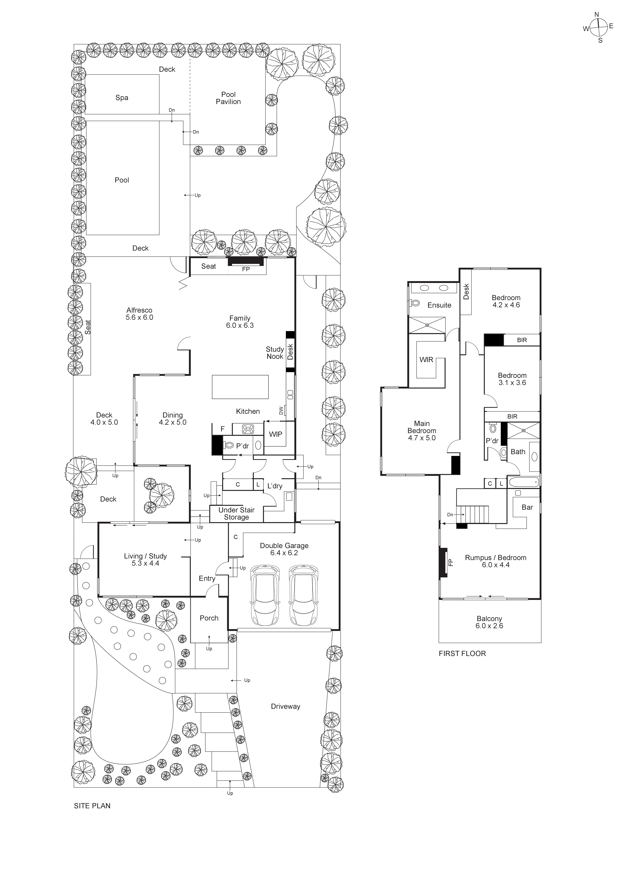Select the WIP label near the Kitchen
click(x=275, y=434)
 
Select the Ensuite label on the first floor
click(x=439, y=305)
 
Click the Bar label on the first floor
click(x=527, y=507)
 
